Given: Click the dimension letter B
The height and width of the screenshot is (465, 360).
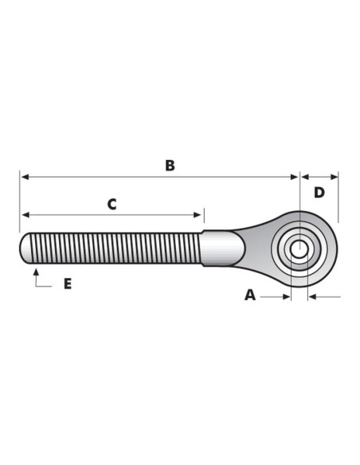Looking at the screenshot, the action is [x=170, y=166].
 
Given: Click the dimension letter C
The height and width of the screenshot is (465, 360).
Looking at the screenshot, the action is [x=112, y=205].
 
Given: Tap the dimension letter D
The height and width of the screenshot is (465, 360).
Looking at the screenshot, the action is [x=319, y=193].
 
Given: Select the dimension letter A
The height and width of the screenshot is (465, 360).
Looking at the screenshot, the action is [x=250, y=295].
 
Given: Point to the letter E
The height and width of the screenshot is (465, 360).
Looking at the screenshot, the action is [x=68, y=284].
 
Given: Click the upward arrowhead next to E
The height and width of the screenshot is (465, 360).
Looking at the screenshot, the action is [x=36, y=272].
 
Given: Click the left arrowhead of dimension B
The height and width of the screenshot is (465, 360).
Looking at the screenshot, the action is [x=25, y=177].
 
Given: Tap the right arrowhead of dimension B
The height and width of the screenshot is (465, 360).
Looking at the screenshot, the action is [x=294, y=177].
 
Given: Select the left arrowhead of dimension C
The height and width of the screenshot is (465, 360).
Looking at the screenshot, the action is [x=25, y=215].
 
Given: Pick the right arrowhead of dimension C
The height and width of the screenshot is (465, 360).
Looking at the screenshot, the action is [x=198, y=215].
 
